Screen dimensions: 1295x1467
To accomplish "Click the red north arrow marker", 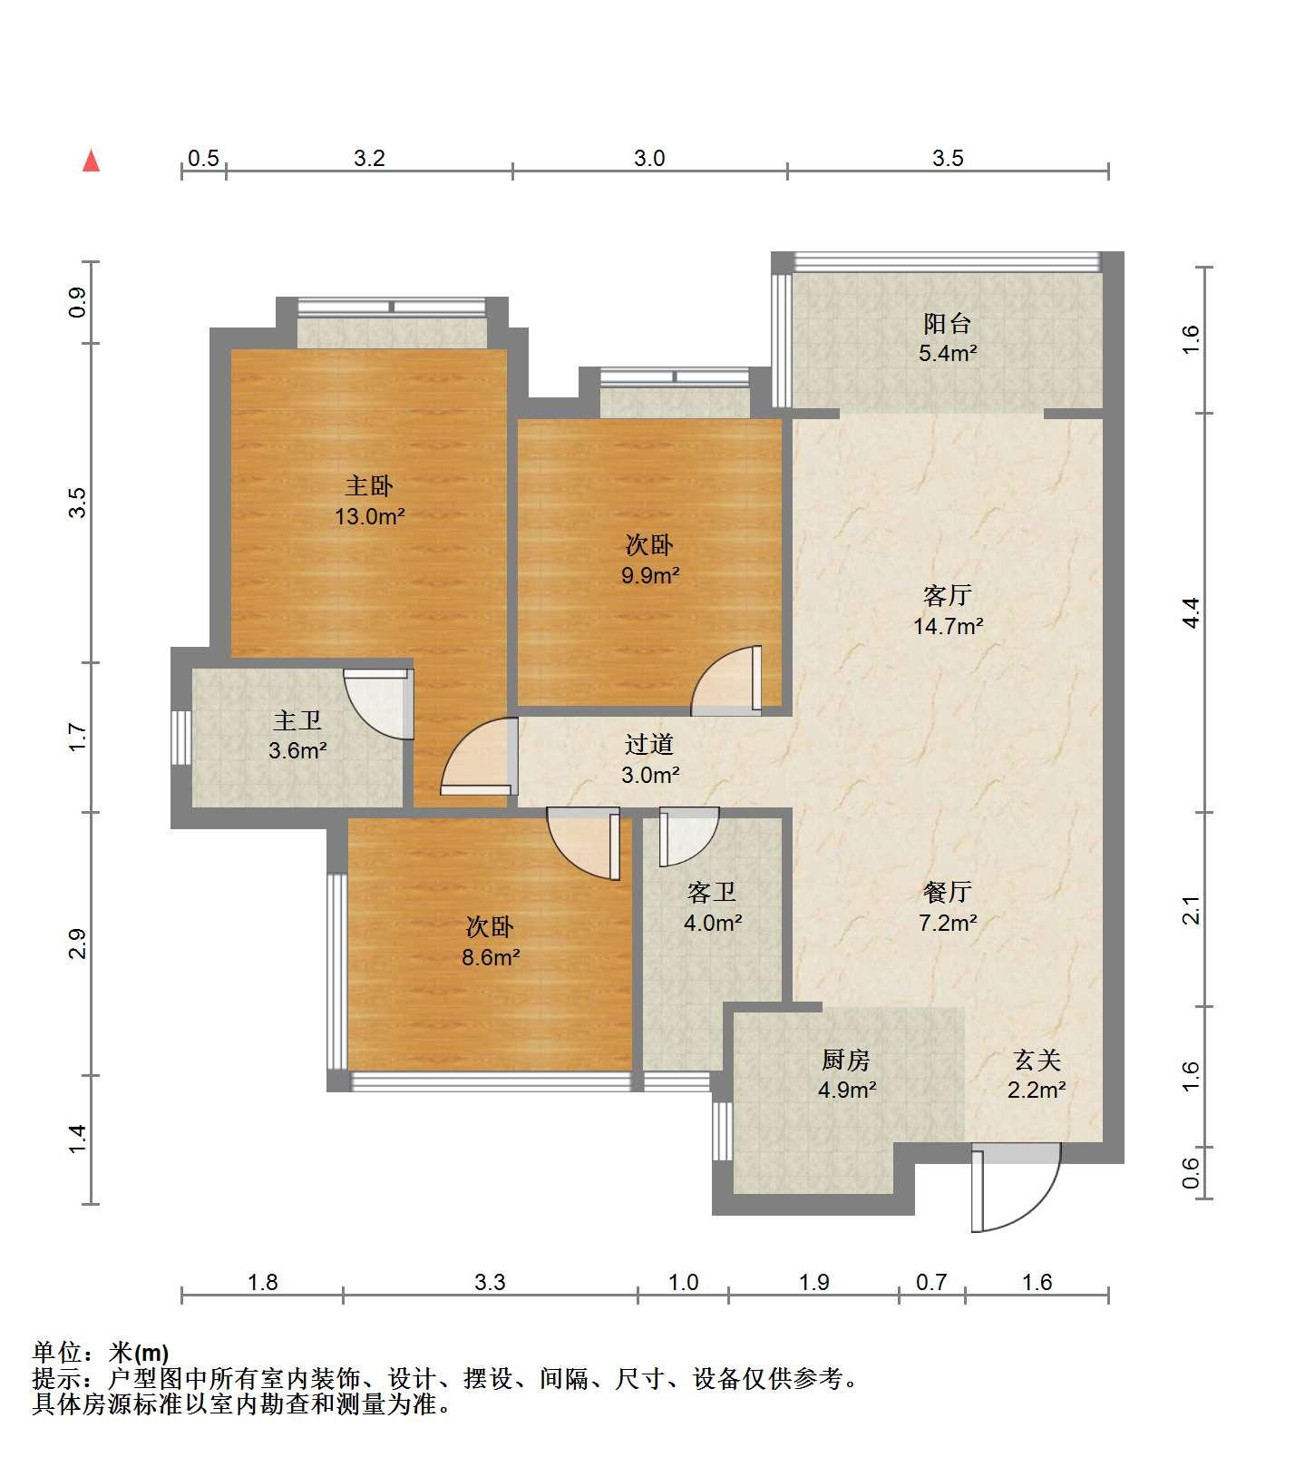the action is coord(91,161).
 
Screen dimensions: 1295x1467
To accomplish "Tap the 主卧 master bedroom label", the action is coord(369,486).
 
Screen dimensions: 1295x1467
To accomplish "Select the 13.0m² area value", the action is coord(369,517).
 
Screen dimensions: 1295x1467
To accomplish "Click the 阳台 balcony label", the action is coord(948,323).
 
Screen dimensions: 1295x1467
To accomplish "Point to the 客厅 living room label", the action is coord(948,595).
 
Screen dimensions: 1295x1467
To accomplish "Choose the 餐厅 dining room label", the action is coord(948,893).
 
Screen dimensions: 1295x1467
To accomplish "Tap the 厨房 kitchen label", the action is coord(846,1059).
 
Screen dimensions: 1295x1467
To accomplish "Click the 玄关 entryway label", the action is coord(1037,1059).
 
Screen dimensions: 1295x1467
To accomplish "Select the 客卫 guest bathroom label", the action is coord(712,893).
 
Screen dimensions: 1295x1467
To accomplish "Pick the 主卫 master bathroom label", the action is coord(297,721).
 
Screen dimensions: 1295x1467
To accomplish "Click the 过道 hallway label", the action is coord(649,745).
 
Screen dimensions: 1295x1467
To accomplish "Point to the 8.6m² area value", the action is coord(490,957).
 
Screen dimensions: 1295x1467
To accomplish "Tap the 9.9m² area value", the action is coord(649,575).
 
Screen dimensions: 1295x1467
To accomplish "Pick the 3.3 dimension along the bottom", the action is coord(490,1282).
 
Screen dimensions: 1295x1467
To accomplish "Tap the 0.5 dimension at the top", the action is coord(203,158).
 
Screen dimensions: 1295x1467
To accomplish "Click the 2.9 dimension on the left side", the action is coord(78,944).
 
